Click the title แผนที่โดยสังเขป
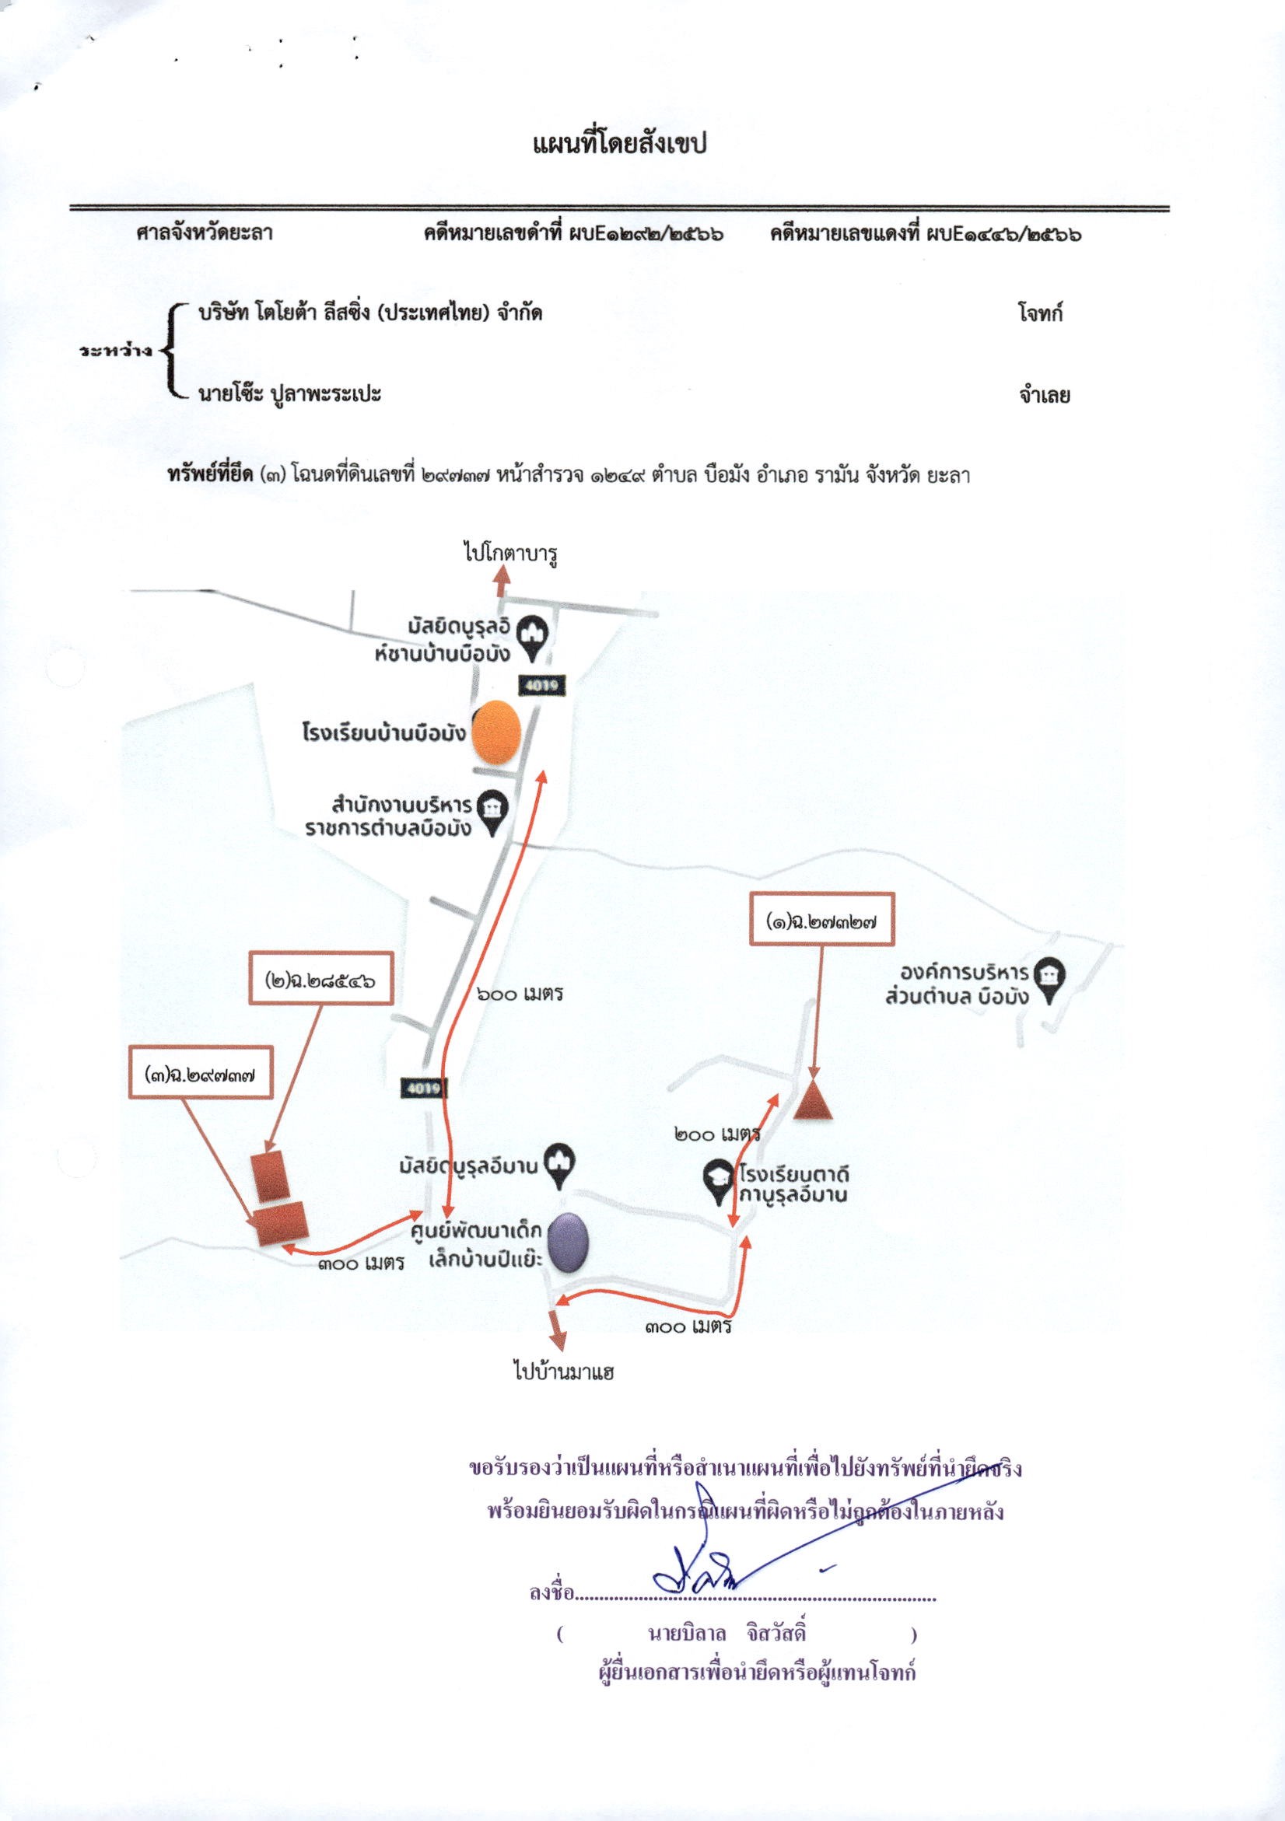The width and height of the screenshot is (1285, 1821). (619, 145)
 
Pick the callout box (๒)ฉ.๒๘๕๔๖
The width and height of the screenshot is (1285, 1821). (320, 980)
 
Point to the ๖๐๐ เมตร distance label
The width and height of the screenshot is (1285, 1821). (520, 994)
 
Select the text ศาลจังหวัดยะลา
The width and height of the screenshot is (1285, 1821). (205, 234)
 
